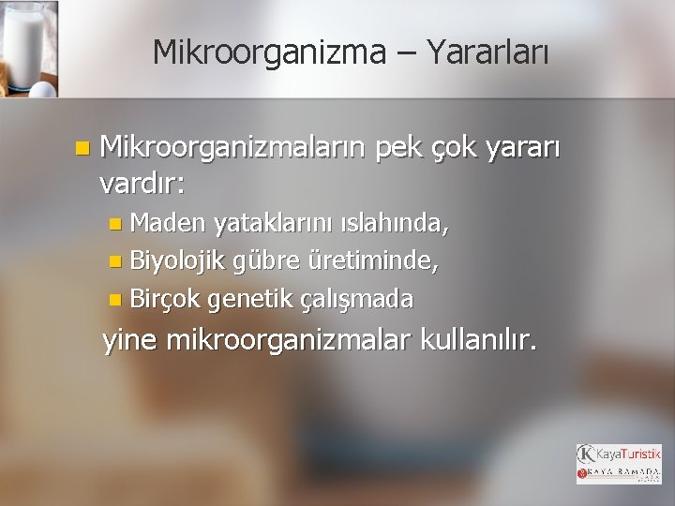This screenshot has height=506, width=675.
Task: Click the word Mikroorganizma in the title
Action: pos(269,52)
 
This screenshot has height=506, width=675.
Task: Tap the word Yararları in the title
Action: pos(487,52)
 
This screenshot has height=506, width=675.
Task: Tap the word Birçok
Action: pos(166,299)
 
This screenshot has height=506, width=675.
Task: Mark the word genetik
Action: pos(250,299)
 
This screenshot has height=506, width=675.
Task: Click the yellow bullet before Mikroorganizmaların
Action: pos(83,148)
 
